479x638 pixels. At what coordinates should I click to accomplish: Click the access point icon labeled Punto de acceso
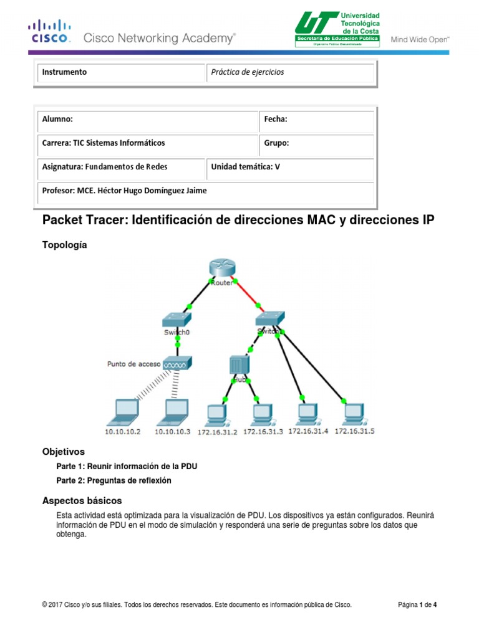[x=178, y=363]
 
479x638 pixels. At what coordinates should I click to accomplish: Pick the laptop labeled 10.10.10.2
[x=123, y=411]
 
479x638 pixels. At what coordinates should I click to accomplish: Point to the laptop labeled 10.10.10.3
[x=173, y=411]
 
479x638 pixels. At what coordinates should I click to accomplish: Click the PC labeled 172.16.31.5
[x=353, y=412]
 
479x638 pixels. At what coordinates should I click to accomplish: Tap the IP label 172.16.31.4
[x=308, y=431]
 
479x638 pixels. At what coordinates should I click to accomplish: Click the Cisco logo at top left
[x=51, y=31]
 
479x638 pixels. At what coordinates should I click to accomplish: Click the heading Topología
[x=64, y=245]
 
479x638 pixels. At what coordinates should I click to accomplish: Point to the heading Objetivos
[x=63, y=451]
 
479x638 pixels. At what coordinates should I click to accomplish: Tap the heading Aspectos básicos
[x=82, y=500]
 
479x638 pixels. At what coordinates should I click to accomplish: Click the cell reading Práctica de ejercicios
[x=248, y=72]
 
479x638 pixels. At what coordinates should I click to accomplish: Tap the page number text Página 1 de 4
[x=418, y=604]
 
